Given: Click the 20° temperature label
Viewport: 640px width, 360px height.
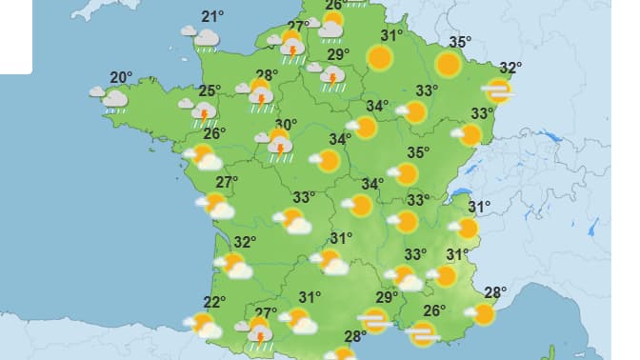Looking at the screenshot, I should [x=120, y=78].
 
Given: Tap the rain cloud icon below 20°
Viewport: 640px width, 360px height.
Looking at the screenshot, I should [x=113, y=98].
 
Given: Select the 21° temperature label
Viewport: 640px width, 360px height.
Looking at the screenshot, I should [x=212, y=16].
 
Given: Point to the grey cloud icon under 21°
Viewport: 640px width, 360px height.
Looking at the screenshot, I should [x=205, y=38].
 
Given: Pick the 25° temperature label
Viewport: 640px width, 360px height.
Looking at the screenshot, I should [x=210, y=92].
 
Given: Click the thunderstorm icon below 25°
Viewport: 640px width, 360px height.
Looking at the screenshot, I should [x=203, y=113].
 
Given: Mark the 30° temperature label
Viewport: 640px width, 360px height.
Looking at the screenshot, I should [x=286, y=125].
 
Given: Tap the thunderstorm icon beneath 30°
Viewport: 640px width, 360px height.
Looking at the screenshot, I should [x=278, y=145].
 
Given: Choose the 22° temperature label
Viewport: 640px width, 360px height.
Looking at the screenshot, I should [x=213, y=303].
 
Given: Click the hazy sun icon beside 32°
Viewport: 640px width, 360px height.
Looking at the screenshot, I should [x=497, y=90].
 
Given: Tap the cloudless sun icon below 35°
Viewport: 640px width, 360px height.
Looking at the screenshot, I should [x=448, y=64].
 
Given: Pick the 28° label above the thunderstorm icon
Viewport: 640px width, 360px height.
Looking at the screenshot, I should [x=266, y=75].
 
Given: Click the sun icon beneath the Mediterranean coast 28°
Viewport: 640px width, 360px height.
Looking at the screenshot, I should [x=484, y=314].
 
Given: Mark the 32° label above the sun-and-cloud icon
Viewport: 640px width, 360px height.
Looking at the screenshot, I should [x=245, y=242].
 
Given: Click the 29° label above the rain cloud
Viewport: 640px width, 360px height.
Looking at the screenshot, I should [x=337, y=54].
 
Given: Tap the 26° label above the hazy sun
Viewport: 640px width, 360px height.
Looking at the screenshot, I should [x=434, y=310].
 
